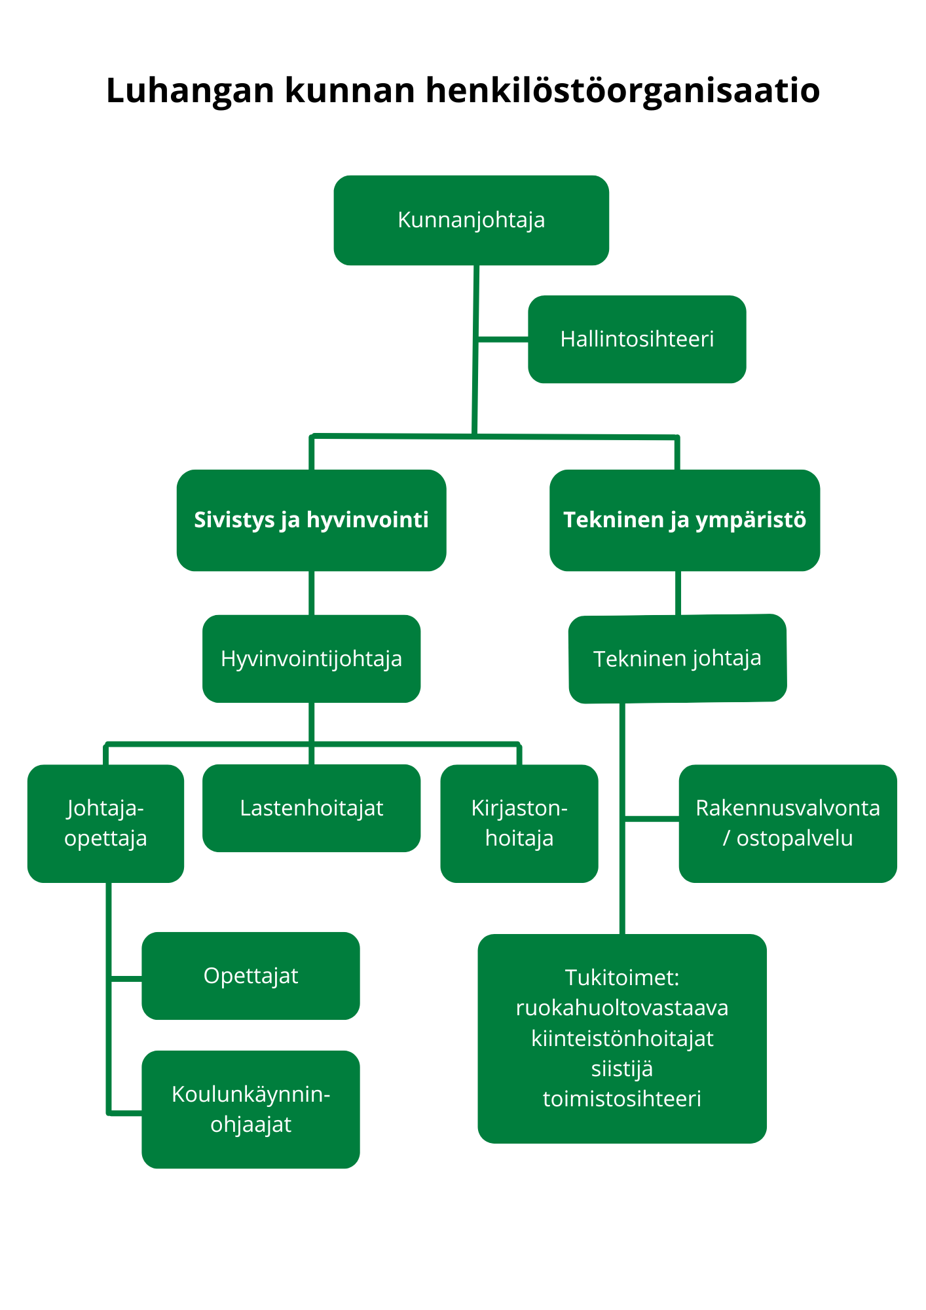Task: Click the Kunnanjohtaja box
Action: tap(471, 220)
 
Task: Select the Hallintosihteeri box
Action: tap(637, 339)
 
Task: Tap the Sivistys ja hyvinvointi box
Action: tap(311, 520)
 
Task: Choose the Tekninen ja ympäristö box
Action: tap(684, 520)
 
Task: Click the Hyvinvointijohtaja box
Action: tap(311, 659)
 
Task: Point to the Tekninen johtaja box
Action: tap(677, 658)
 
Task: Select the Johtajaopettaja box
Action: tap(105, 823)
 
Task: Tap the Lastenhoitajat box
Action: tap(311, 808)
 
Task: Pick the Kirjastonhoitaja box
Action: tap(519, 823)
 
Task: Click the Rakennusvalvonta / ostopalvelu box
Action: tap(787, 823)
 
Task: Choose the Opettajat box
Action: tap(250, 976)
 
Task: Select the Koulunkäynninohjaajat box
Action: tap(250, 1110)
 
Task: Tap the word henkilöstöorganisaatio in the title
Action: tap(622, 90)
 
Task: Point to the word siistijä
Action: tap(621, 1068)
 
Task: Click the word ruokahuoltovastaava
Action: tap(621, 1007)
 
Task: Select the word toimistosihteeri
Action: tap(621, 1098)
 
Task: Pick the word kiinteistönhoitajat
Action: tap(621, 1038)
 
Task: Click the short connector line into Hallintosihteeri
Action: tap(503, 339)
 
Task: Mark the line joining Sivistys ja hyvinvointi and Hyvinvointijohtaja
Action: tap(311, 593)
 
